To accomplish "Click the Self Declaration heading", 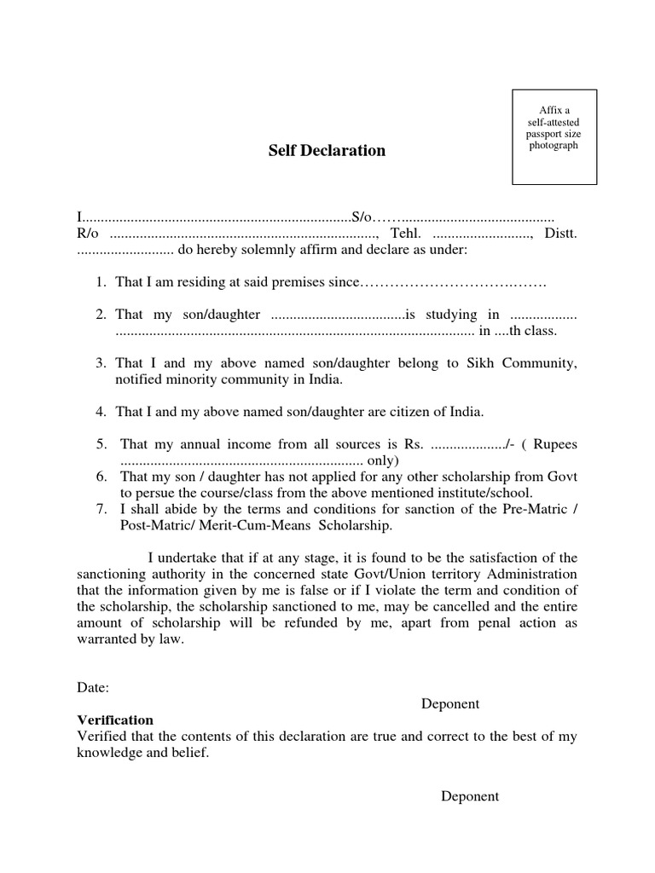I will pos(327,151).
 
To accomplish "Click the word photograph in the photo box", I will pos(553,146).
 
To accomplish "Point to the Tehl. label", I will pos(406,234).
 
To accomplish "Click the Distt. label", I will pos(559,234).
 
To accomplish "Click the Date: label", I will pos(93,687).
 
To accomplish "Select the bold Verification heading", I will pos(115,720).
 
